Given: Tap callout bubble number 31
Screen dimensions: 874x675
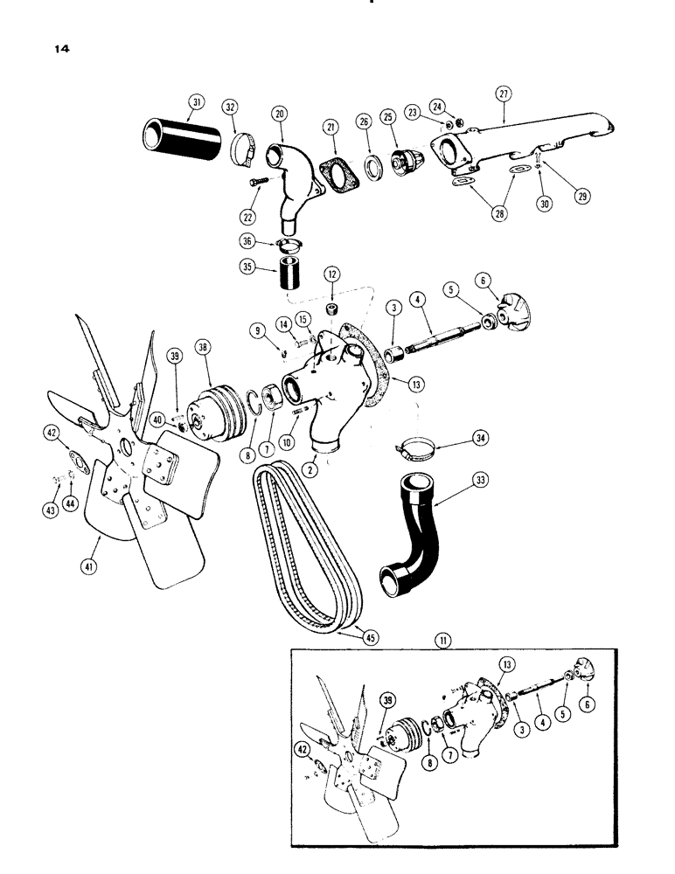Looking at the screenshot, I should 194,102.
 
